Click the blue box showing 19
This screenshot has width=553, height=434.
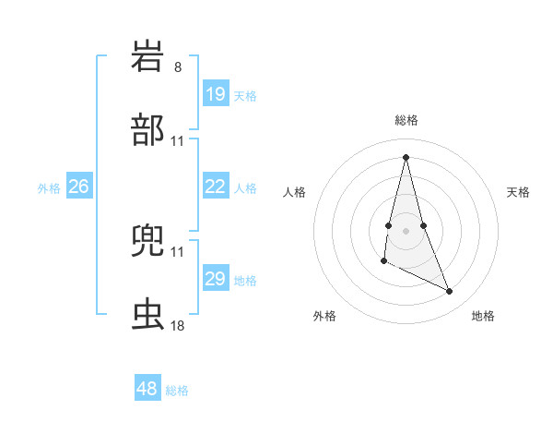tap(215, 94)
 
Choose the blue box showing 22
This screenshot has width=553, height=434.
tap(215, 187)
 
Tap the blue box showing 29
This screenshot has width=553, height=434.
tap(215, 279)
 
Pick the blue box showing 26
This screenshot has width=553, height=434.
tap(78, 187)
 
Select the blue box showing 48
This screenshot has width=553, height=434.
tap(147, 389)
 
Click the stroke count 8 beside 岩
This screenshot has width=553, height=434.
tap(178, 67)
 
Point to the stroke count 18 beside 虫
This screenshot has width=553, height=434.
tap(178, 326)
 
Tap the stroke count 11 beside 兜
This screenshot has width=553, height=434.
tap(178, 251)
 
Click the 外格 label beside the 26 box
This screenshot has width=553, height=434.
tap(49, 188)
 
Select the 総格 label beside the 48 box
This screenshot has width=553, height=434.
tap(177, 391)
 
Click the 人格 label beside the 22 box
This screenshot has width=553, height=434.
tap(245, 188)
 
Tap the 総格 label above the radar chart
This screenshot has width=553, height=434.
tap(406, 120)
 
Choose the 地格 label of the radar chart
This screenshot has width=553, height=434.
tap(483, 316)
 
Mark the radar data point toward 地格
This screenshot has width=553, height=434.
tap(450, 292)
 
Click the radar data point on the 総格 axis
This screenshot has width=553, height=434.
tap(406, 156)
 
